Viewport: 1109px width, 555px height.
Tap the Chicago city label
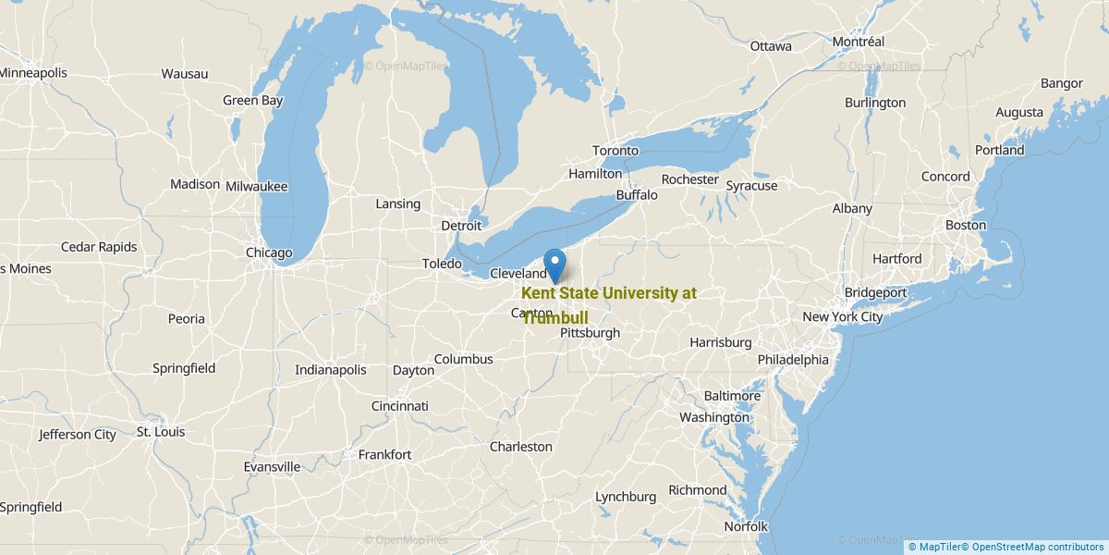coord(269,253)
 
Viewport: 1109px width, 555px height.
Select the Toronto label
coord(615,151)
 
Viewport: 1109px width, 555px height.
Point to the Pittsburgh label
coord(590,333)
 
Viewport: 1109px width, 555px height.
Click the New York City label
coord(842,316)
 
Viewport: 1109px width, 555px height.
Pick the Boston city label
coord(965,225)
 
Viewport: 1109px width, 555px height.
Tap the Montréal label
coord(858,42)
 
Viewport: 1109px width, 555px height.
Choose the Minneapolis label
coord(33,72)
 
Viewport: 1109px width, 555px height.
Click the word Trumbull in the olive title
coord(555,317)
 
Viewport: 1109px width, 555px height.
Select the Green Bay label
coord(252,100)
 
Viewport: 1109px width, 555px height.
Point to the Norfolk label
coord(745,526)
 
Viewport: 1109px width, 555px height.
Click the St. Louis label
coord(160,432)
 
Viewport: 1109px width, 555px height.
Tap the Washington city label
coord(714,417)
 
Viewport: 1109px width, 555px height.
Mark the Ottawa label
coord(771,46)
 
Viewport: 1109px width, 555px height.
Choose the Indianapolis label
coord(330,369)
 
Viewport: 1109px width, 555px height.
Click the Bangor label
coord(1061,83)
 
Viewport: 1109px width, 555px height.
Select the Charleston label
coord(520,447)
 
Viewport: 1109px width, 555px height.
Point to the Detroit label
coord(461,226)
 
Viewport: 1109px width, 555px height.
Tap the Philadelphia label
coord(793,359)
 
